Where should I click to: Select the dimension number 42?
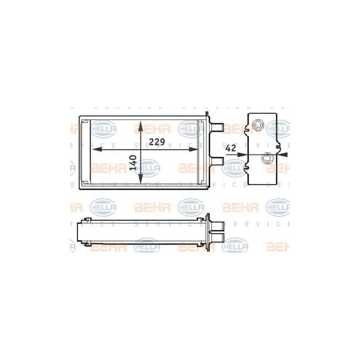(230, 148)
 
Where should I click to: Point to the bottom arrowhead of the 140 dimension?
(140, 179)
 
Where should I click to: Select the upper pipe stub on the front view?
(218, 127)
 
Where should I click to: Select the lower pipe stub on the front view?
(218, 161)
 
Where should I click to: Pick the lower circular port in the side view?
(266, 159)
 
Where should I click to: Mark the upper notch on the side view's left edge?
(250, 129)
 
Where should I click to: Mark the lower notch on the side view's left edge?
(250, 167)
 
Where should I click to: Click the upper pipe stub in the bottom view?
(217, 227)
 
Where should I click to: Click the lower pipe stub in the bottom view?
(217, 237)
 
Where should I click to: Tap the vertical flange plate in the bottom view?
(208, 232)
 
